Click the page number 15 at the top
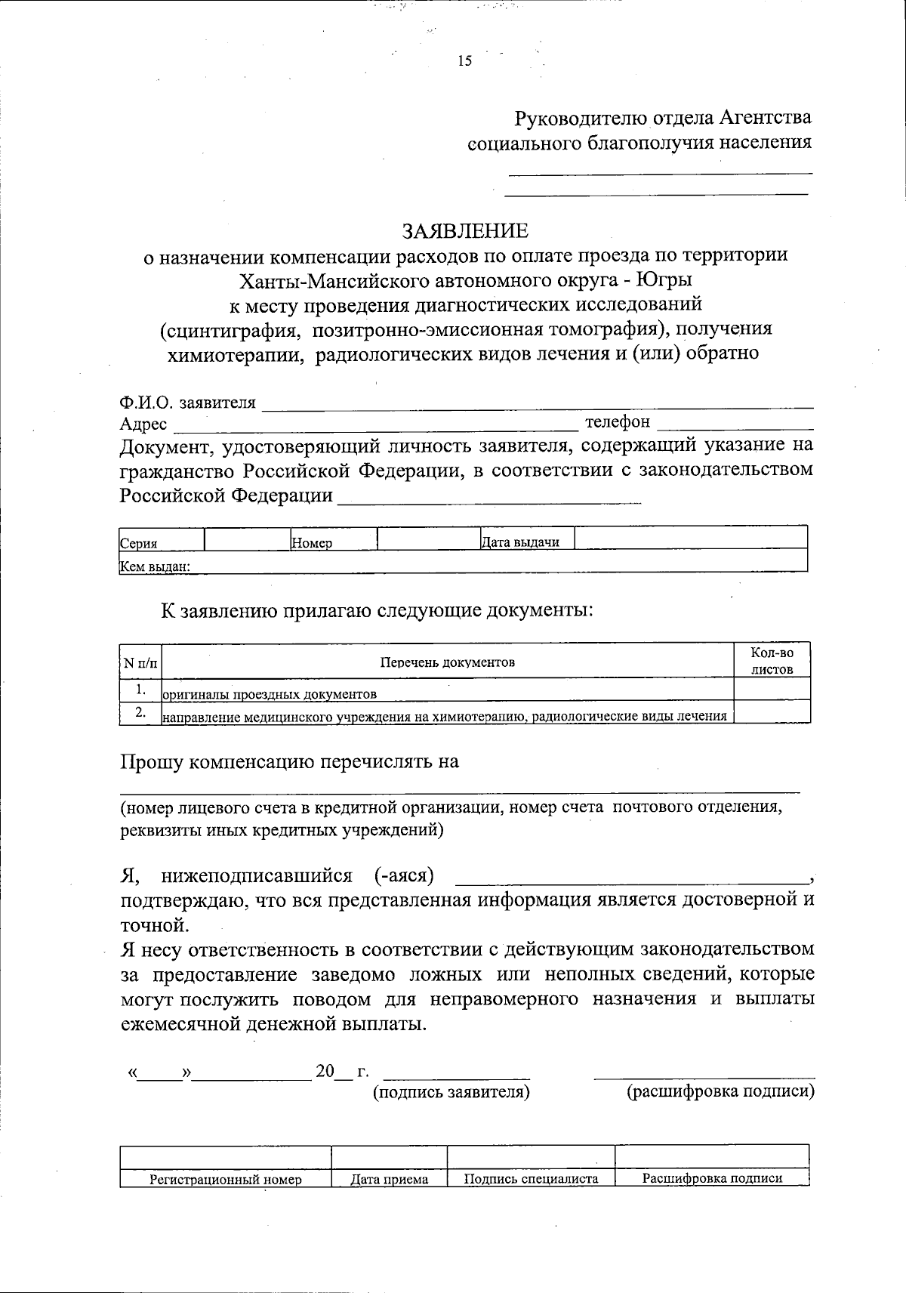point(464,61)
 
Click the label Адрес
point(143,425)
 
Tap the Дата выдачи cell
point(520,542)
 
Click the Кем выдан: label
point(154,566)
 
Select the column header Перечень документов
point(448,662)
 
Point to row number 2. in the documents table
point(140,712)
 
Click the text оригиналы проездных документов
point(270,693)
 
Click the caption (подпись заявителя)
point(451,1092)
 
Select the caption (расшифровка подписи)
point(721,1092)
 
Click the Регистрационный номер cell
point(225,1179)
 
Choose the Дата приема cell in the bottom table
point(390,1179)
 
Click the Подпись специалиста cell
point(531,1179)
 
